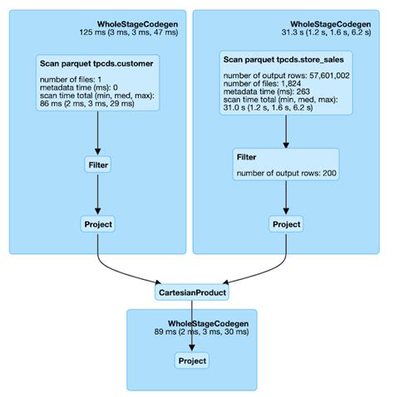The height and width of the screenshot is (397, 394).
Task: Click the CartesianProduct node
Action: (192, 292)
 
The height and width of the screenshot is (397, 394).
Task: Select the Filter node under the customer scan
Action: (98, 165)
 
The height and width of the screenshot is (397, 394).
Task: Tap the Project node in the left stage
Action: (98, 223)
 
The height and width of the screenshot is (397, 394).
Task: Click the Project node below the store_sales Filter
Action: (286, 223)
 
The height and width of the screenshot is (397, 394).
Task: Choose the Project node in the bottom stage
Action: (192, 360)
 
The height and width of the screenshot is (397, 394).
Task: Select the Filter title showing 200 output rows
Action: (246, 158)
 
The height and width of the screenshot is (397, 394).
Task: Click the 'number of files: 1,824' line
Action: (263, 84)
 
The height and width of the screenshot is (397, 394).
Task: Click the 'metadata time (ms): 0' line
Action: (81, 88)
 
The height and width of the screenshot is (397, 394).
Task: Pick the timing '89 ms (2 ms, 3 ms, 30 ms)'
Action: (201, 331)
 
